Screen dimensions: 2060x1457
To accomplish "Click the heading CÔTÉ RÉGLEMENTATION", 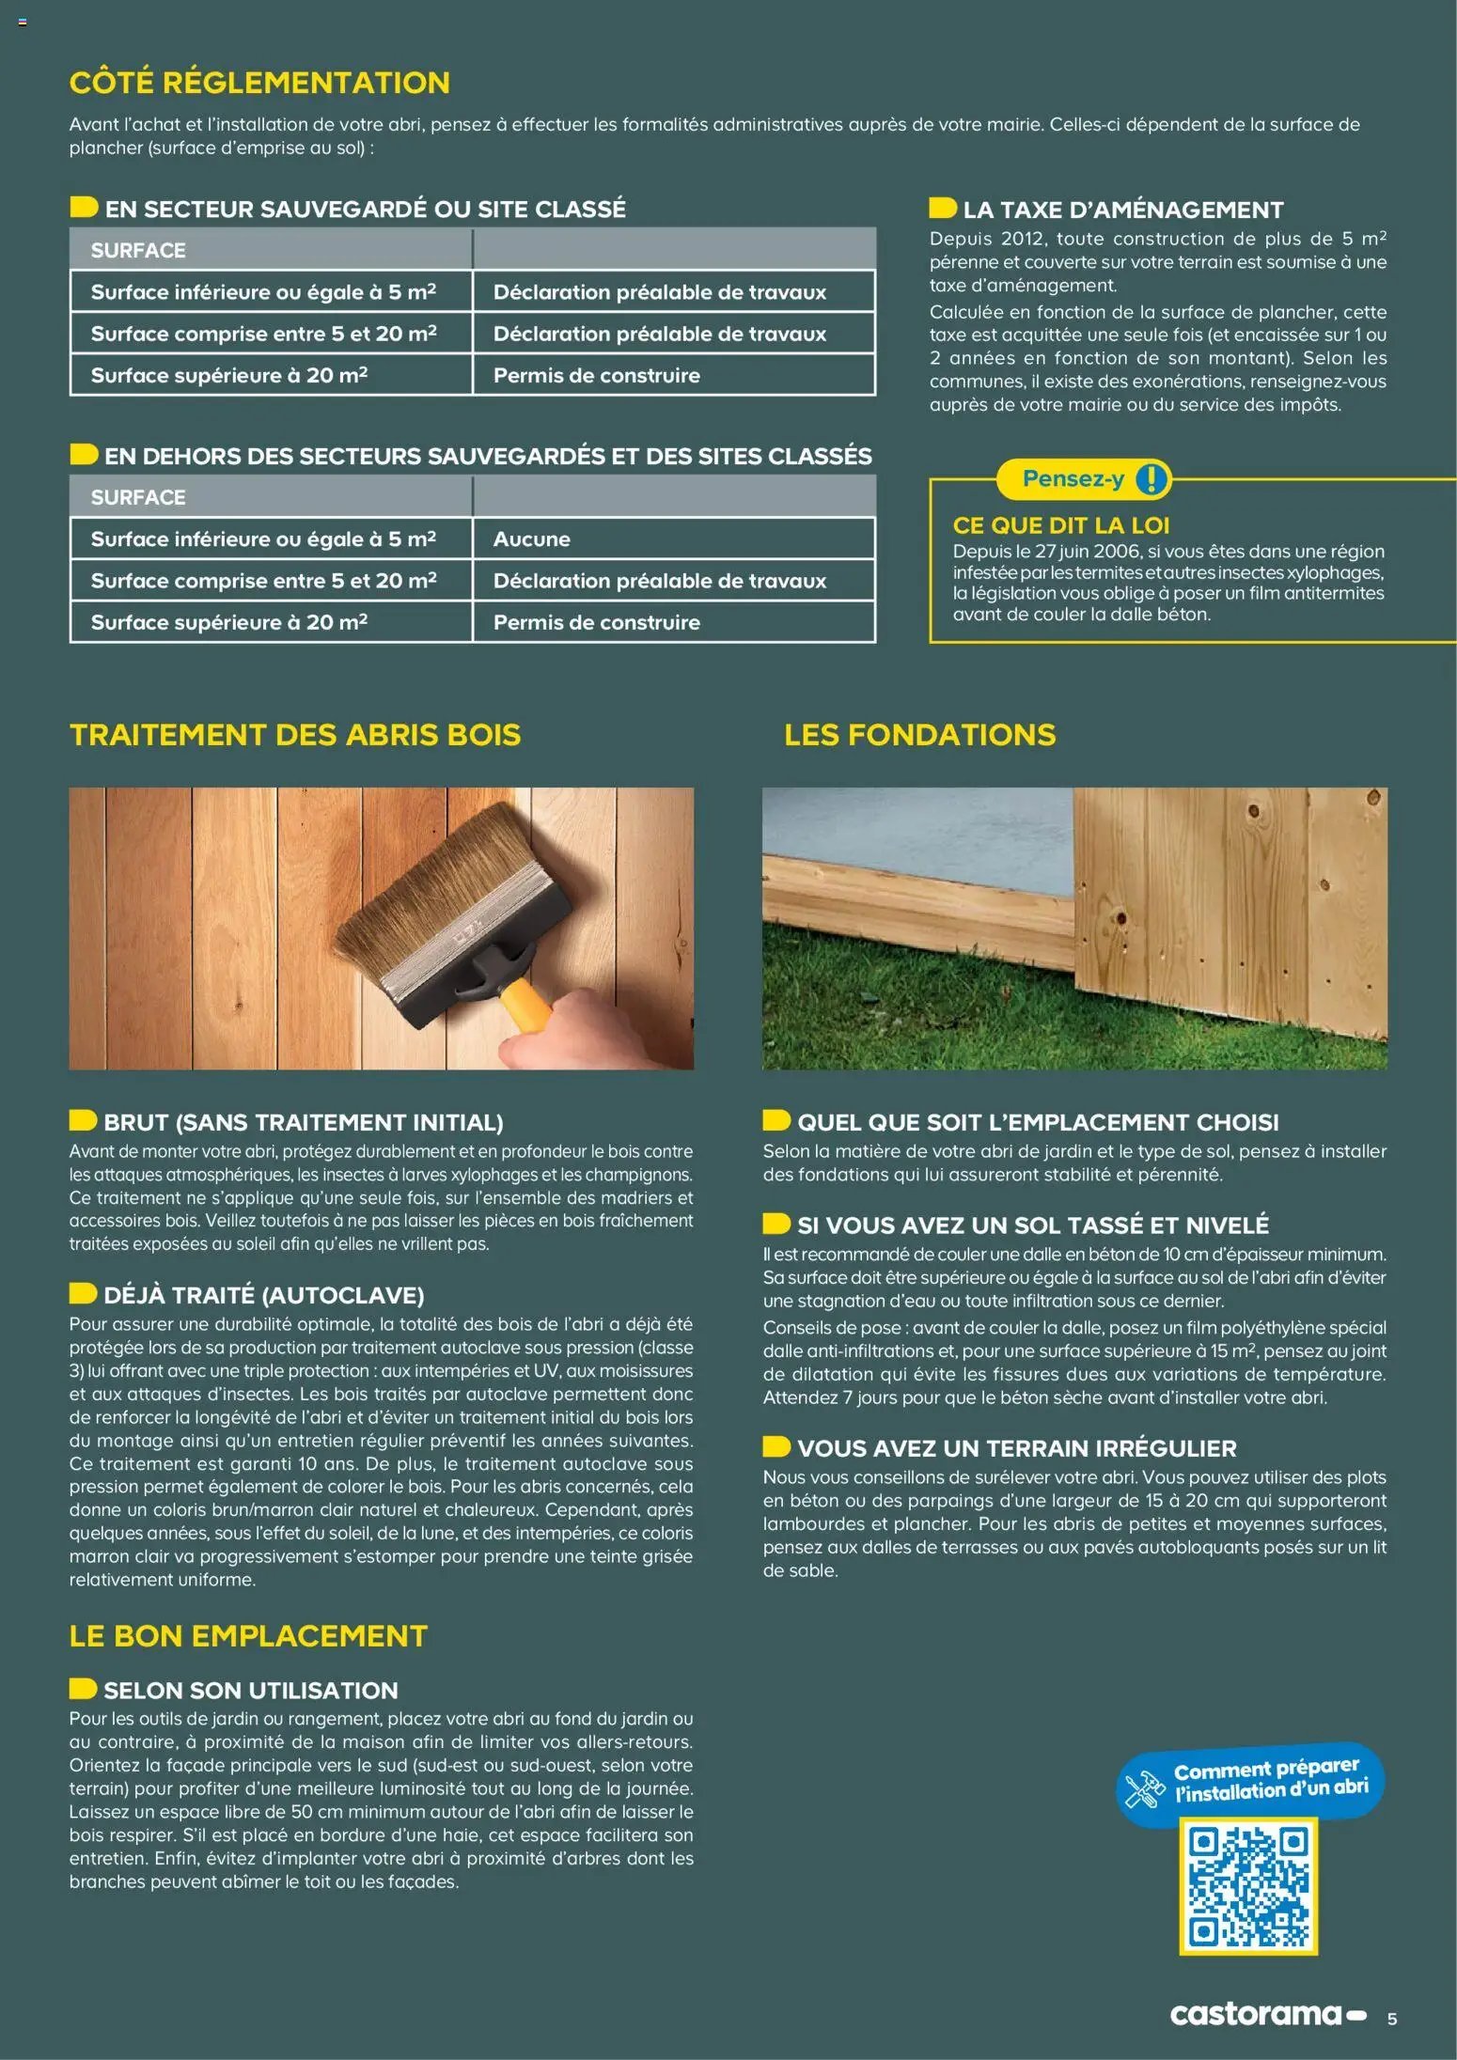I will pyautogui.click(x=259, y=83).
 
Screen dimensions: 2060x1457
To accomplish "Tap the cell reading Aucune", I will pyautogui.click(x=532, y=539).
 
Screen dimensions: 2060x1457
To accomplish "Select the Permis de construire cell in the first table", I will pyautogui.click(x=597, y=376).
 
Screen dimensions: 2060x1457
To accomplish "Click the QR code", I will pyautogui.click(x=1247, y=1885).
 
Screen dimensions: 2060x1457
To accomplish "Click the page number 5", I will pyautogui.click(x=1392, y=2019).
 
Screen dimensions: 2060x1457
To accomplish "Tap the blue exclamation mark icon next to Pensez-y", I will pyautogui.click(x=1151, y=479).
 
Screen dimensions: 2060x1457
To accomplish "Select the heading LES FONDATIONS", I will pyautogui.click(x=919, y=735).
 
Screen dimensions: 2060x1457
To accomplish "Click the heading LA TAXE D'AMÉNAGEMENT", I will pyautogui.click(x=1122, y=210).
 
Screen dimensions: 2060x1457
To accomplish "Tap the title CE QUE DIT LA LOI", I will pyautogui.click(x=1060, y=525).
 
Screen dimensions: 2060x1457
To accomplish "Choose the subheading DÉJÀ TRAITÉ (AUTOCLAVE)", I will pyautogui.click(x=263, y=1295).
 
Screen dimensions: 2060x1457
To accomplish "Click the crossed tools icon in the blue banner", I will pyautogui.click(x=1145, y=1788).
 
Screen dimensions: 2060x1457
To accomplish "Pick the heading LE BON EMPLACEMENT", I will pyautogui.click(x=248, y=1636).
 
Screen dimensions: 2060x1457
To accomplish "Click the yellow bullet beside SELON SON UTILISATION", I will pyautogui.click(x=83, y=1689).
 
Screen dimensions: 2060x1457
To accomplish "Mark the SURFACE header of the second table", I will pyautogui.click(x=138, y=497).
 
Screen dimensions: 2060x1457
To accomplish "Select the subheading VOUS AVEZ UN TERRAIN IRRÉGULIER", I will pyautogui.click(x=1016, y=1448).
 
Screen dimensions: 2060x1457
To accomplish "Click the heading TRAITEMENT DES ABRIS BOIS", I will pyautogui.click(x=294, y=735).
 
